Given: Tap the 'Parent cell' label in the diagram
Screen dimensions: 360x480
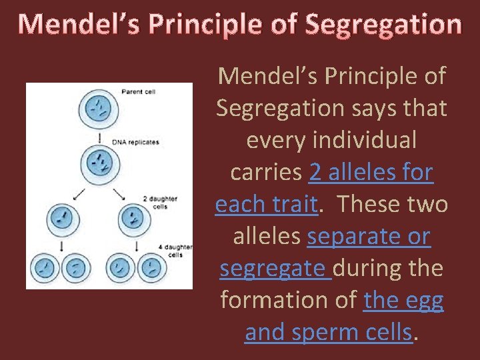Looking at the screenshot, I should [x=139, y=91].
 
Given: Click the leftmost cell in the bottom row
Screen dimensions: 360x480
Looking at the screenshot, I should [x=44, y=268].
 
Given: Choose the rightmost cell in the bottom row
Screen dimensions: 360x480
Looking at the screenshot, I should [x=152, y=268].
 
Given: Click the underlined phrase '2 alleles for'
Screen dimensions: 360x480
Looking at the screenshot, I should [x=371, y=173].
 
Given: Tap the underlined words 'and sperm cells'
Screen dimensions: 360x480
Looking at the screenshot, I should [x=328, y=332].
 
